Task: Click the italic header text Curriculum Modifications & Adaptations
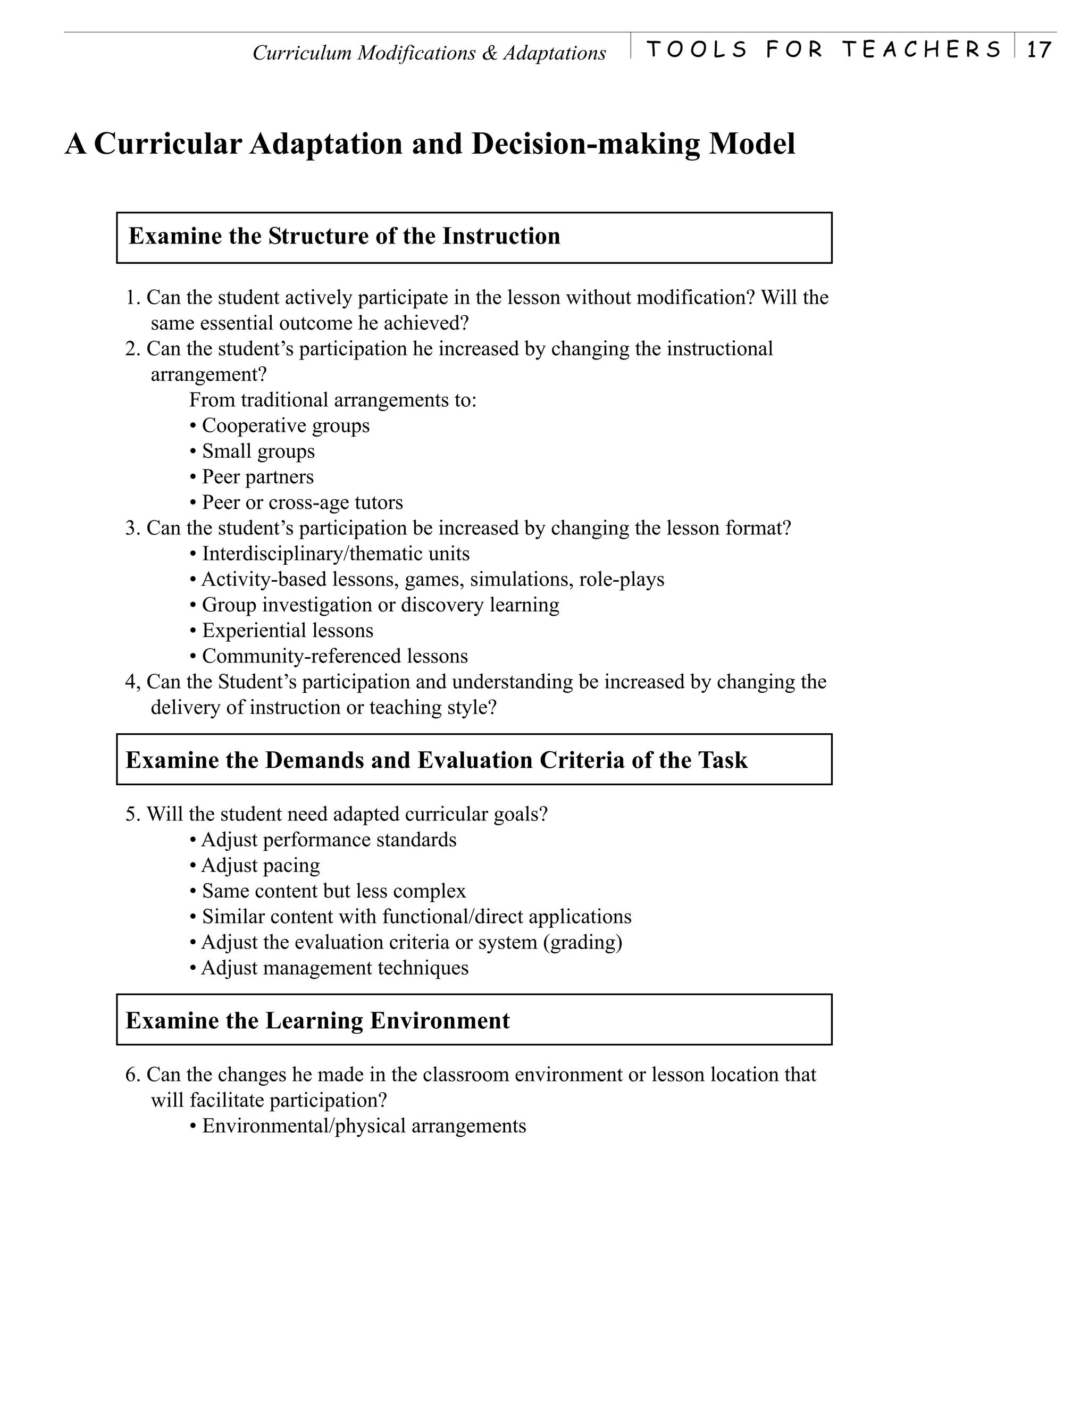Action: click(x=429, y=53)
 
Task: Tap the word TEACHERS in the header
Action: click(x=922, y=49)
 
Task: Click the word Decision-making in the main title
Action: click(x=587, y=144)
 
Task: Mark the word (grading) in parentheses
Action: click(x=583, y=943)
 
